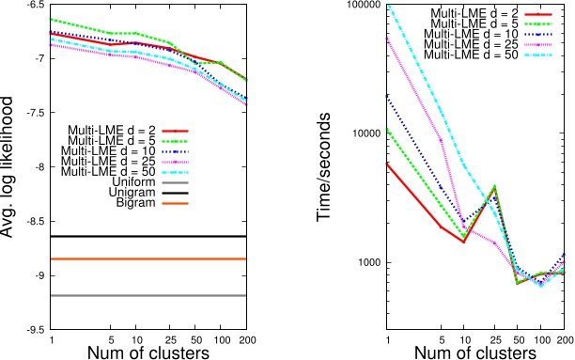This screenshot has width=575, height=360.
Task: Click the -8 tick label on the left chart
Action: coord(32,167)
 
